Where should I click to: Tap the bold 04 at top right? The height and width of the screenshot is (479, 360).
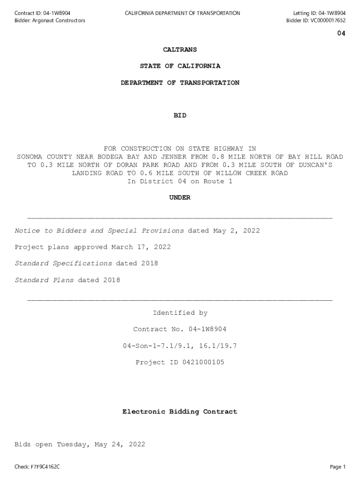click(341, 33)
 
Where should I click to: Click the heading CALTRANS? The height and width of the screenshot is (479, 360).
click(180, 50)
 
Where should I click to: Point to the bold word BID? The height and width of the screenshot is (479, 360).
click(180, 115)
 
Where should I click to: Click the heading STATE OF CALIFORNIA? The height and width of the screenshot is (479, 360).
click(180, 66)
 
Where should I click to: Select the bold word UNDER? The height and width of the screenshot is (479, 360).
click(180, 198)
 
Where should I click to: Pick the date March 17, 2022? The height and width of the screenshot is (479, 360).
click(141, 247)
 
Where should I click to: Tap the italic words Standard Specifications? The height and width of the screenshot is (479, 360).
click(64, 263)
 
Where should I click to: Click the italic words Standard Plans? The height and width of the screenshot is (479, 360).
click(44, 280)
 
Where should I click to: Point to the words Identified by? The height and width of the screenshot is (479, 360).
click(180, 313)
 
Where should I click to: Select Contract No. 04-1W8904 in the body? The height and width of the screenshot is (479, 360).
click(180, 329)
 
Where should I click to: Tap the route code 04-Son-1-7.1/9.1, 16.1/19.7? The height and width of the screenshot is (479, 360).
click(180, 346)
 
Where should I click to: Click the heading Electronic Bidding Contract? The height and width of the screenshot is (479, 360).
click(180, 412)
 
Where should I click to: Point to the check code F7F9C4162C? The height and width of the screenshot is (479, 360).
click(45, 466)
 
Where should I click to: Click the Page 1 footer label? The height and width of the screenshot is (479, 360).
click(337, 466)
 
